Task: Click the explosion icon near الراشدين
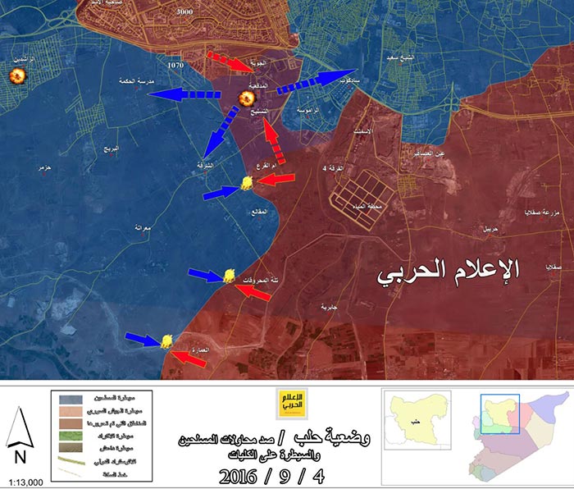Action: [16, 76]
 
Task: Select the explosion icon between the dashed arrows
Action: [244, 100]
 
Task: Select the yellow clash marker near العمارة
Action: [166, 340]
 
